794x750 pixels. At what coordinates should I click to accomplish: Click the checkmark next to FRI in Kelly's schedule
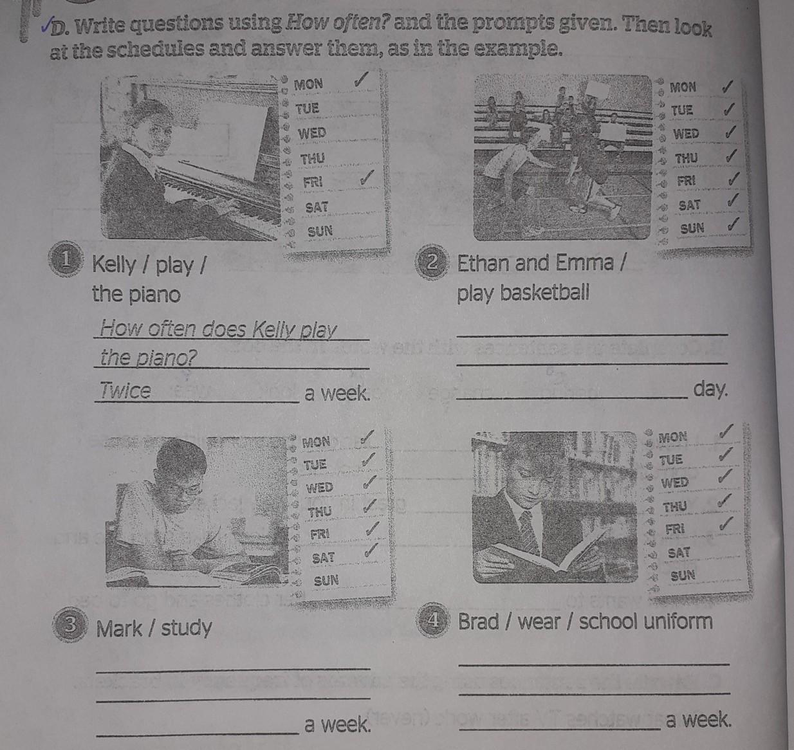368,176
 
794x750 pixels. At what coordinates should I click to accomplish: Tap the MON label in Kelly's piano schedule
308,84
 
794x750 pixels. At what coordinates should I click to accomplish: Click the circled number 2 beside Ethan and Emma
431,262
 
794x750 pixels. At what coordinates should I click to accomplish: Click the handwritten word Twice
125,390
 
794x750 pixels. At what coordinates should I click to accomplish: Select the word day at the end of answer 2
710,389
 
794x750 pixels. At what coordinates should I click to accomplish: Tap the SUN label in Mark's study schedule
326,580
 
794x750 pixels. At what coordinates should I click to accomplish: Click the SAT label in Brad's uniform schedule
678,553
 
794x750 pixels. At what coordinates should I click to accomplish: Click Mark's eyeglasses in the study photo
185,489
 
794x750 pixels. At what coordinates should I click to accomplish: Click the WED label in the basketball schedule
686,134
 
